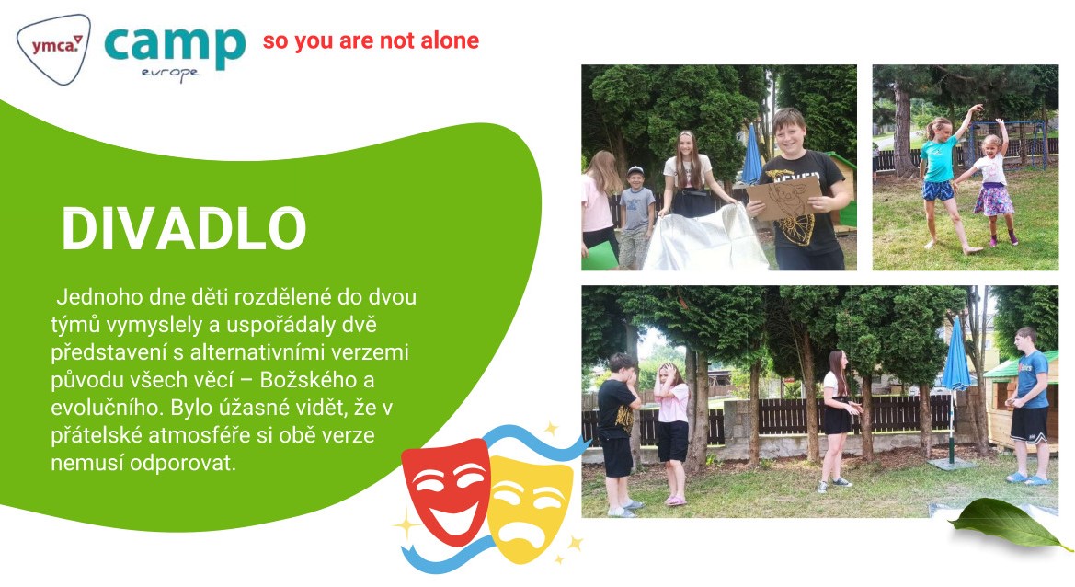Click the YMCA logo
(x=53, y=48)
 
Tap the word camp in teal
(x=175, y=46)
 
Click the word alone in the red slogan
(x=450, y=40)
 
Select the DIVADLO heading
(x=184, y=228)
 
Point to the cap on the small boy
(x=635, y=171)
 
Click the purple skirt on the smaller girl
(x=993, y=200)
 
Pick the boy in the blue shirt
(x=1029, y=405)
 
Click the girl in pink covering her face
(x=671, y=433)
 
